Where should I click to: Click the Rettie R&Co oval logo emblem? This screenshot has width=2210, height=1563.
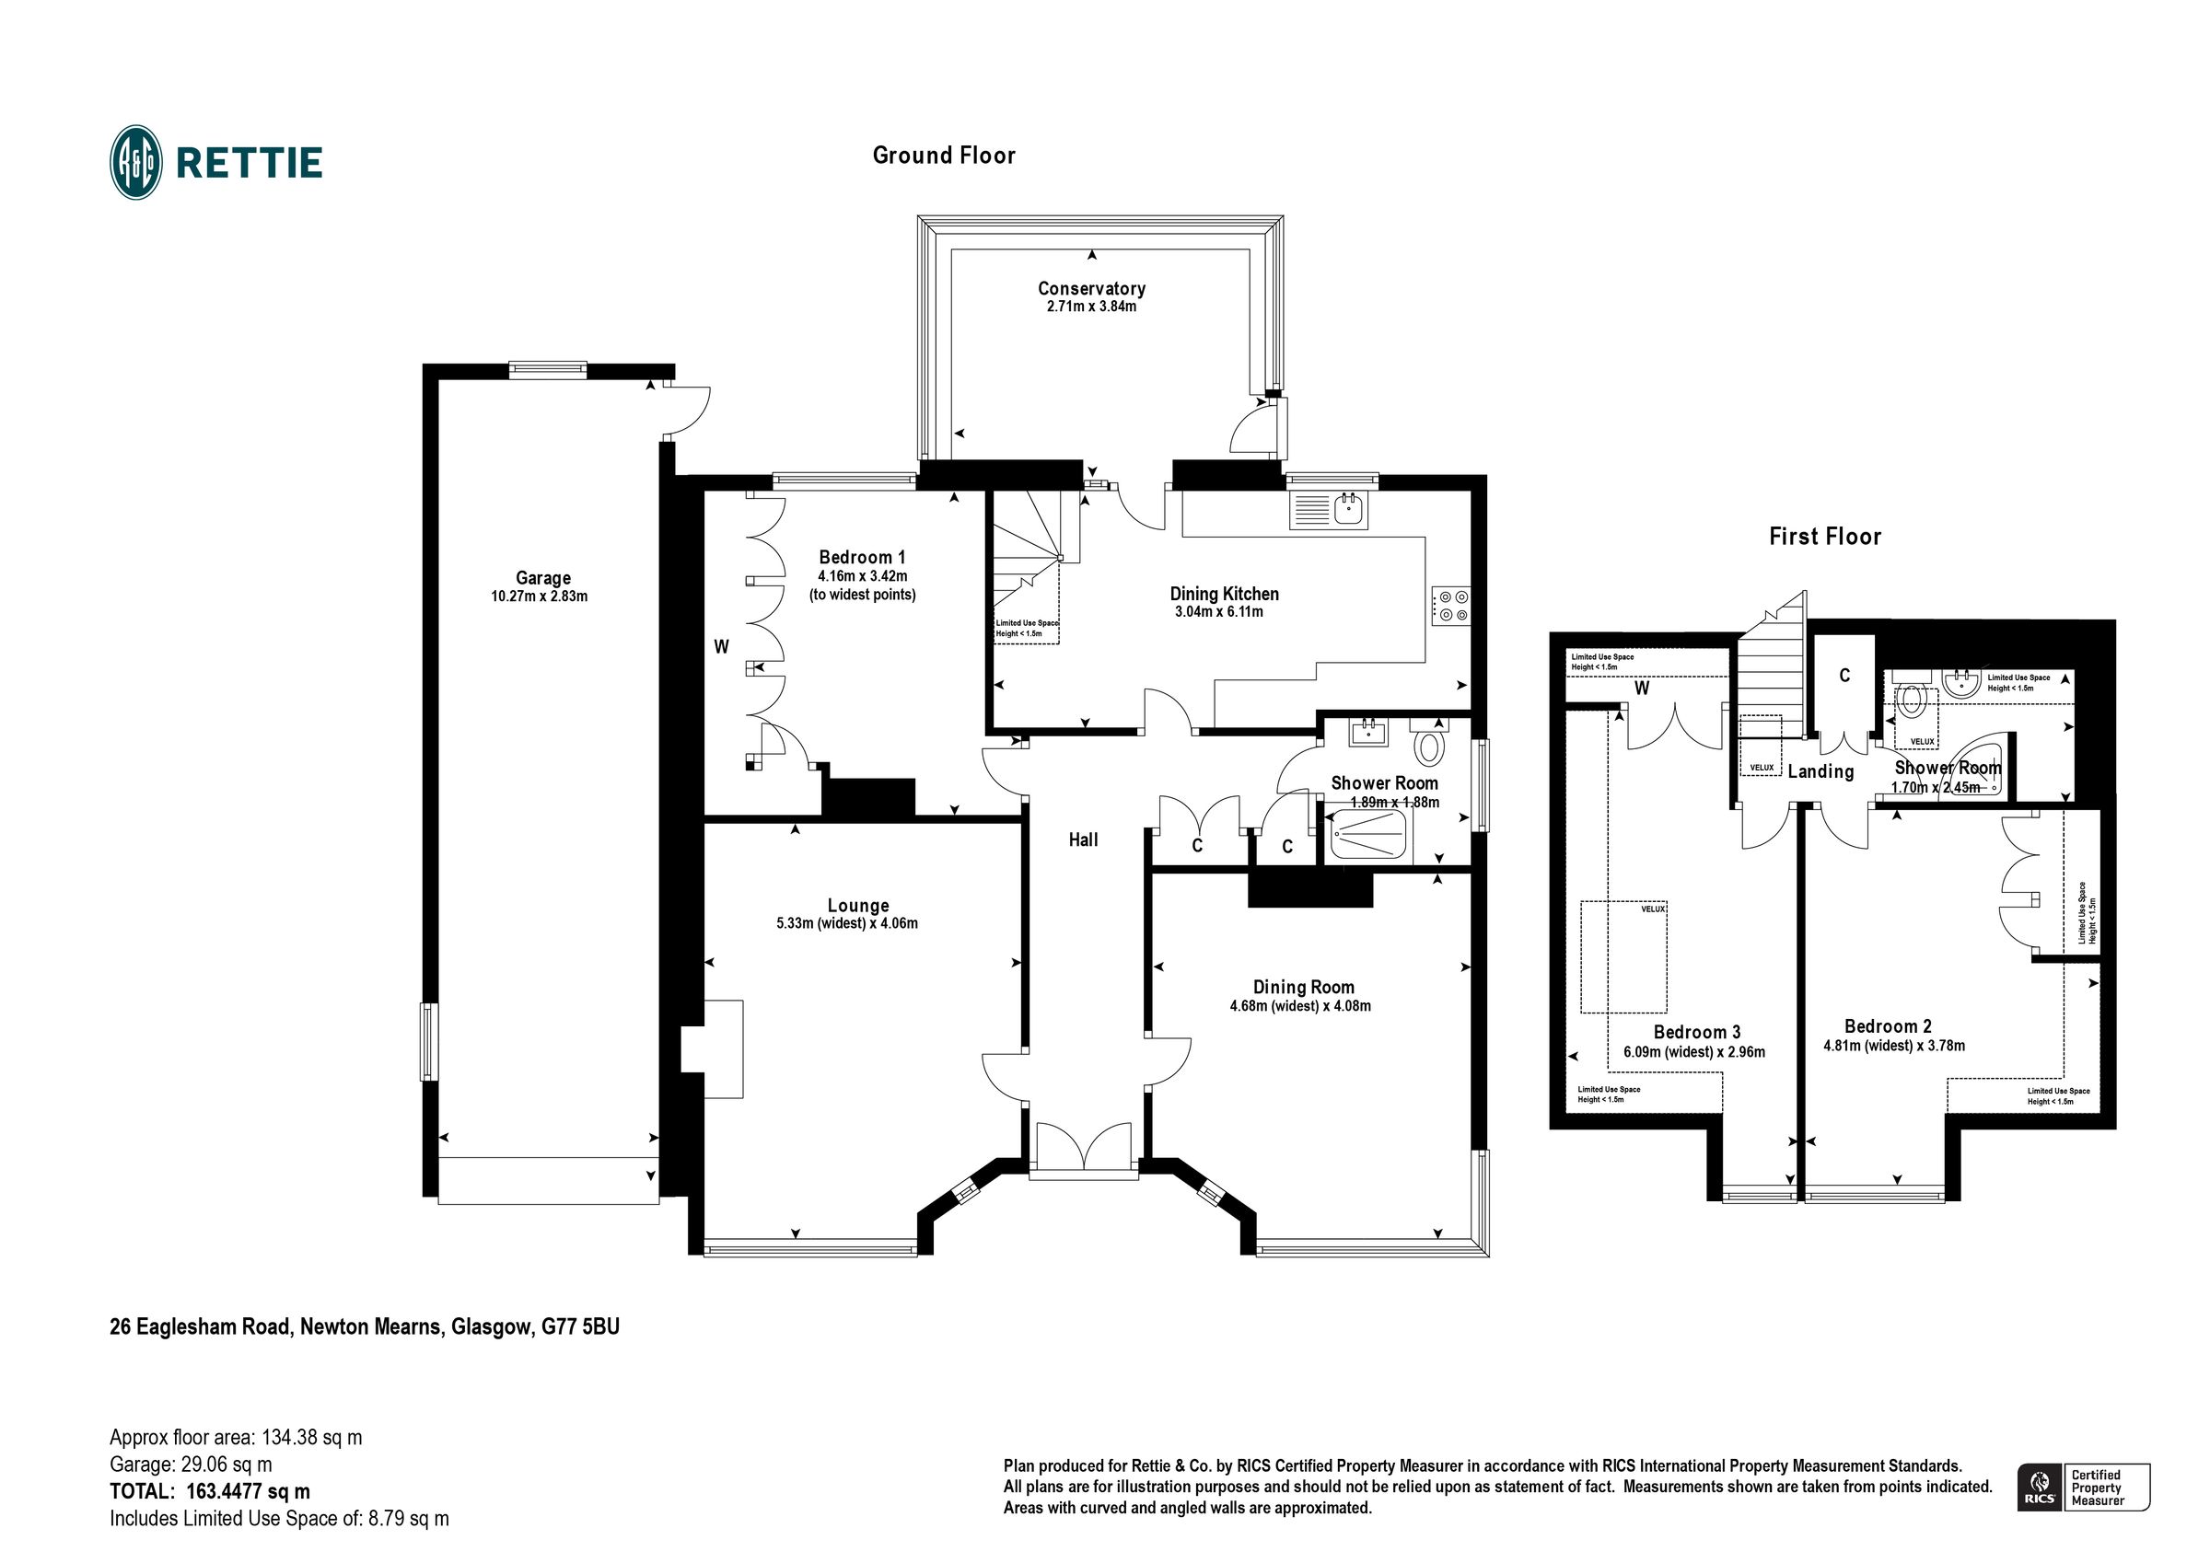tap(135, 162)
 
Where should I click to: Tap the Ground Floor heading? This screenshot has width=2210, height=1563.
tap(943, 156)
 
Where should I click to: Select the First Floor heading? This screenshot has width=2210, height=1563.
tap(1824, 537)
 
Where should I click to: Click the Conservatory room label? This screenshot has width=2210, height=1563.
tap(1090, 289)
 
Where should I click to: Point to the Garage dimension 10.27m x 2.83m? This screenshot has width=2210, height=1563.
tap(539, 596)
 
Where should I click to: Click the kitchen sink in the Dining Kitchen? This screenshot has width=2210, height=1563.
tap(1351, 510)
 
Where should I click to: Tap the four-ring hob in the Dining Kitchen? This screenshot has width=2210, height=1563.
tap(1450, 606)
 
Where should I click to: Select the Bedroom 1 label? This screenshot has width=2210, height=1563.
tap(862, 557)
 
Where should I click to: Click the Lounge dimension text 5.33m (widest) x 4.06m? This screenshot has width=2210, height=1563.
tap(847, 924)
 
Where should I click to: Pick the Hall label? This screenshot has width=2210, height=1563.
tap(1083, 840)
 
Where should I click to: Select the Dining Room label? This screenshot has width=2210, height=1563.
tap(1303, 988)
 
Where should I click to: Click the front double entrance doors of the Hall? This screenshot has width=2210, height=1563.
tap(1083, 1148)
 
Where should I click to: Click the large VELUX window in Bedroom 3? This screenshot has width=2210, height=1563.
tap(1623, 956)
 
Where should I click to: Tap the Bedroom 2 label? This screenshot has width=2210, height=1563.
tap(1888, 1027)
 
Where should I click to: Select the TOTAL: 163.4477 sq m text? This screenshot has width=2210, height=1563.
tap(210, 1492)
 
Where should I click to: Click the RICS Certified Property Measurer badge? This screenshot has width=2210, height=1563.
tap(2083, 1487)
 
